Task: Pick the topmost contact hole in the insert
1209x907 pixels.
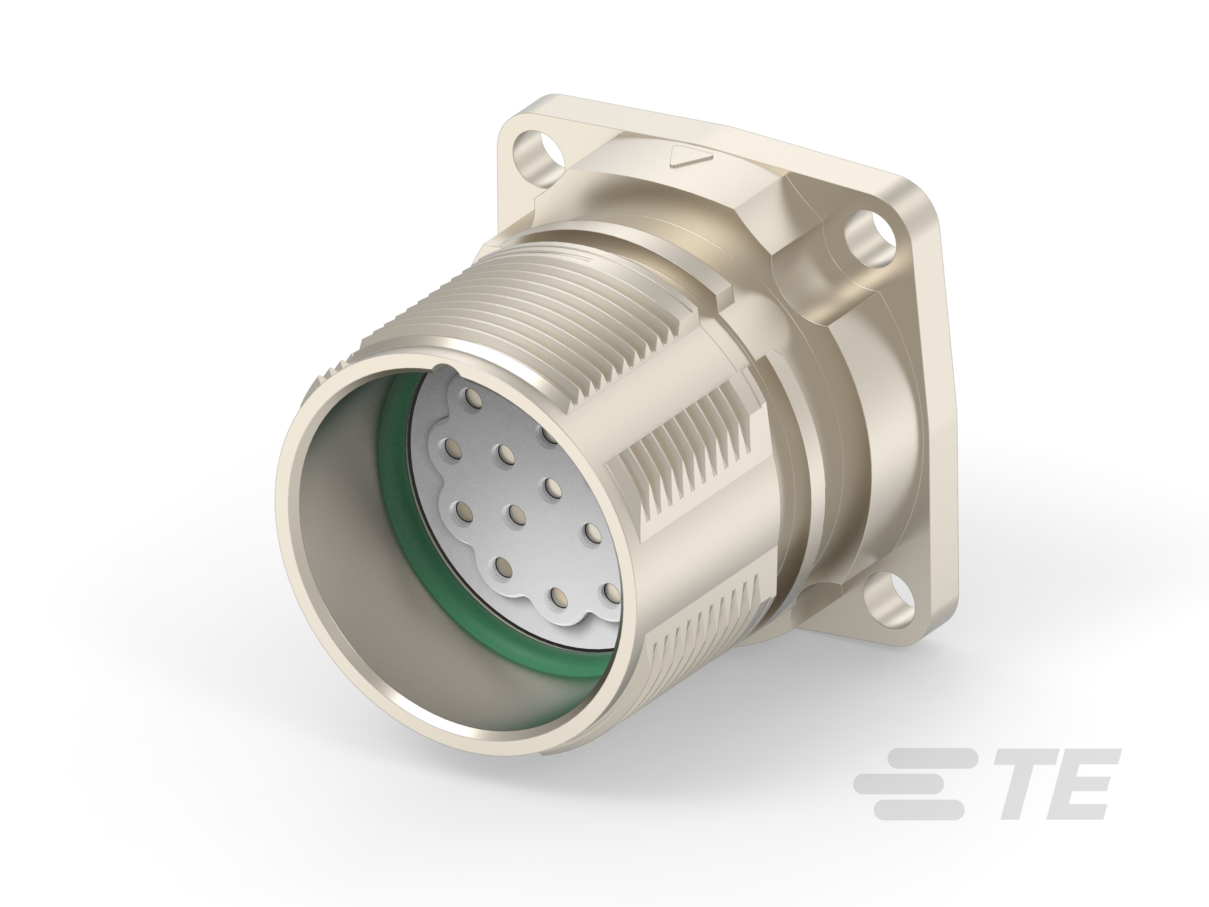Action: (472, 395)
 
